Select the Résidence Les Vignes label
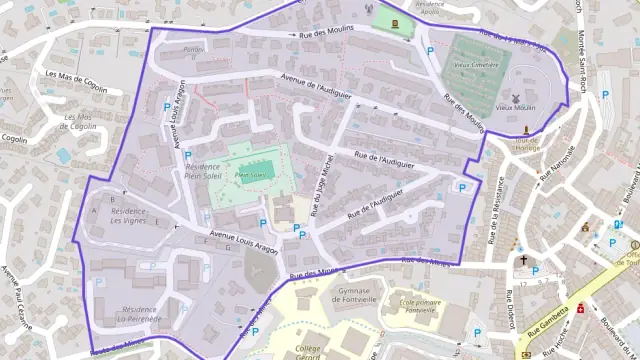pyautogui.click(x=128, y=216)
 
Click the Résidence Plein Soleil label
pyautogui.click(x=203, y=172)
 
